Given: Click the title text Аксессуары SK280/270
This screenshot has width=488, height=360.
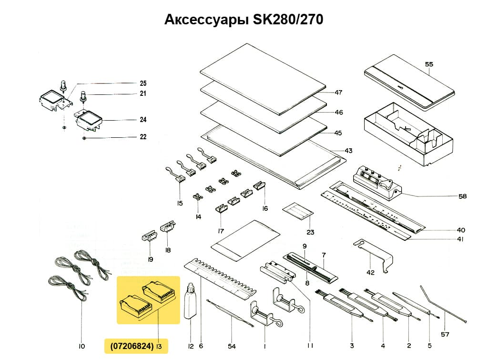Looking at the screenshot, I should coord(244,20).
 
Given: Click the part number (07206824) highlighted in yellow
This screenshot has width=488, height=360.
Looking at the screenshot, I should coord(129,346).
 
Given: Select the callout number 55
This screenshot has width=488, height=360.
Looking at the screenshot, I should coord(429,63).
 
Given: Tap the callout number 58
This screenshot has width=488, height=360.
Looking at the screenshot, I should coord(462,196).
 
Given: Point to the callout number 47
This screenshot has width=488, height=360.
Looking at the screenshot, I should coord(339,92).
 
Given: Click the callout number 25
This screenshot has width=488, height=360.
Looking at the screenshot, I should coord(143,83).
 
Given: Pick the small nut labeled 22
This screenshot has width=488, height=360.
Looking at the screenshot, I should coord(84,138).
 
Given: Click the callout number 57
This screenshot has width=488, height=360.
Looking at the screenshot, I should coord(445,334).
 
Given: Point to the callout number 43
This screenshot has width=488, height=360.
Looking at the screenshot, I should coord(349,151).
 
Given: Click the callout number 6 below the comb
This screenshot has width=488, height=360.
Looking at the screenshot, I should coord(201,346).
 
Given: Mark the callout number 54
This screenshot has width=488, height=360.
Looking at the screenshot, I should coord(232,346).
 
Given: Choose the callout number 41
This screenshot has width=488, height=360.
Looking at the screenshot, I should coord(460,240).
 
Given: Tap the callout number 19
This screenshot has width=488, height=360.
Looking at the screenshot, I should coord(150,260).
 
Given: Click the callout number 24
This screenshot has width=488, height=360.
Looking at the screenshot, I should coord(143,120).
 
